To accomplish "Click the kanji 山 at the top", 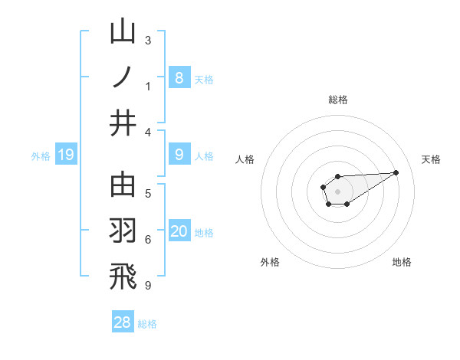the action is [x=123, y=34].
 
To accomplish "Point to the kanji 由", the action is [x=123, y=187].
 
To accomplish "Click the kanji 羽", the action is [x=123, y=231].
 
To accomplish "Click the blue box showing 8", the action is [x=179, y=77].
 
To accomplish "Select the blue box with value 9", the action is [x=179, y=155].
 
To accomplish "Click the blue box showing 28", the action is [x=122, y=322].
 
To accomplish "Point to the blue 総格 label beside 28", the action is [x=147, y=323].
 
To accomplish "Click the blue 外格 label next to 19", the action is [x=41, y=156].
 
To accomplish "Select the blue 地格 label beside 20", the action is [x=205, y=233].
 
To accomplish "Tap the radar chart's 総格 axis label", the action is [x=338, y=100].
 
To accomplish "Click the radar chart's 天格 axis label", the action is [x=431, y=159].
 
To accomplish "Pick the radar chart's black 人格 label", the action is [x=245, y=159].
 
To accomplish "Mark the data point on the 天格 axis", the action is [x=396, y=172].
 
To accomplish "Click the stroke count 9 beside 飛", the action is [x=148, y=286].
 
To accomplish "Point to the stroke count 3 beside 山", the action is [x=148, y=40].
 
